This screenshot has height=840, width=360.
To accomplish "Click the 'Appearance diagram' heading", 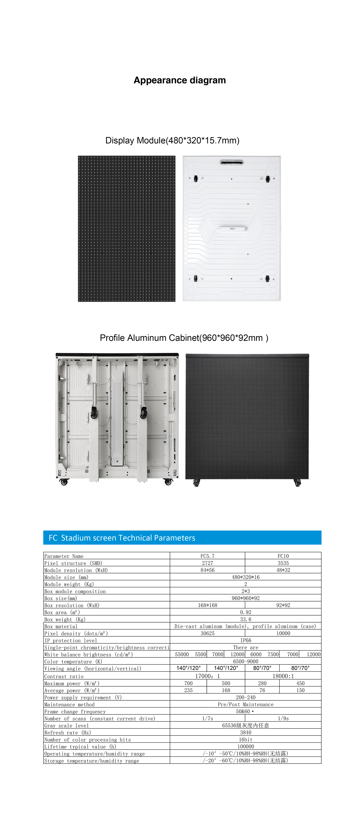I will (x=180, y=80).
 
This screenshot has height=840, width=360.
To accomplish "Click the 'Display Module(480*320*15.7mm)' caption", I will (x=172, y=141).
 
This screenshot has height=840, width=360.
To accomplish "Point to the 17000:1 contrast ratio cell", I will (x=207, y=676).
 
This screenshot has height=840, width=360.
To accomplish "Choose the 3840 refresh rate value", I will (x=246, y=732).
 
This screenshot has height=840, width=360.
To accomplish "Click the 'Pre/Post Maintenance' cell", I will (x=246, y=704).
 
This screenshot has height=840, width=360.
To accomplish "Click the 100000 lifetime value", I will (x=246, y=746).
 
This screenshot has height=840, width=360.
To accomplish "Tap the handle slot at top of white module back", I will (x=232, y=162).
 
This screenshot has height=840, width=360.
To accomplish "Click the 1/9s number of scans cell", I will (x=283, y=718).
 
